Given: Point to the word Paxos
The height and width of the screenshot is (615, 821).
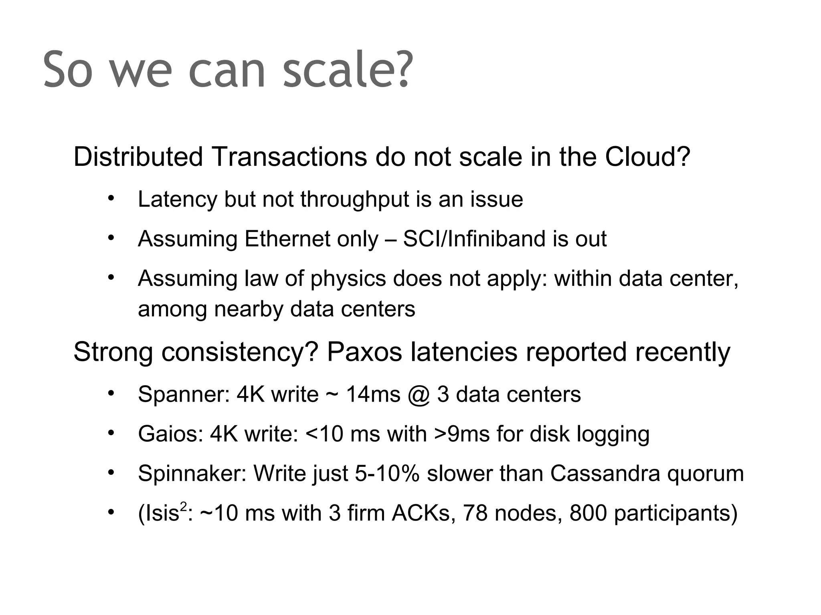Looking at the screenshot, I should [x=364, y=352].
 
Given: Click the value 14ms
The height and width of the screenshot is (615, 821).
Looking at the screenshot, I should [x=373, y=394].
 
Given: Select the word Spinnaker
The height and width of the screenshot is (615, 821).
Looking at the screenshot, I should [x=192, y=474].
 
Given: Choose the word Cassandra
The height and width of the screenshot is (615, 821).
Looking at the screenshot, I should [x=605, y=474].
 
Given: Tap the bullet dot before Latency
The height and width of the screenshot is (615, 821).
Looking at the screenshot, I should [x=111, y=198].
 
